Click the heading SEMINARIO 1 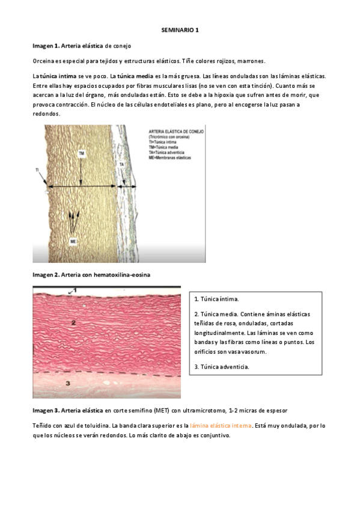[x=180, y=29]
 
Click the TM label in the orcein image [x=81, y=154]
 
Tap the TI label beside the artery [x=37, y=170]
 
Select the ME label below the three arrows [x=73, y=241]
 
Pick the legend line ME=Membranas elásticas [x=168, y=157]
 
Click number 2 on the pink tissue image [x=73, y=324]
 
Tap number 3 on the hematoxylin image [x=68, y=382]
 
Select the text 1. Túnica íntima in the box [x=216, y=299]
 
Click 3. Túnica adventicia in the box [x=222, y=367]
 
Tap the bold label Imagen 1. [x=45, y=46]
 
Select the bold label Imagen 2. [x=45, y=275]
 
